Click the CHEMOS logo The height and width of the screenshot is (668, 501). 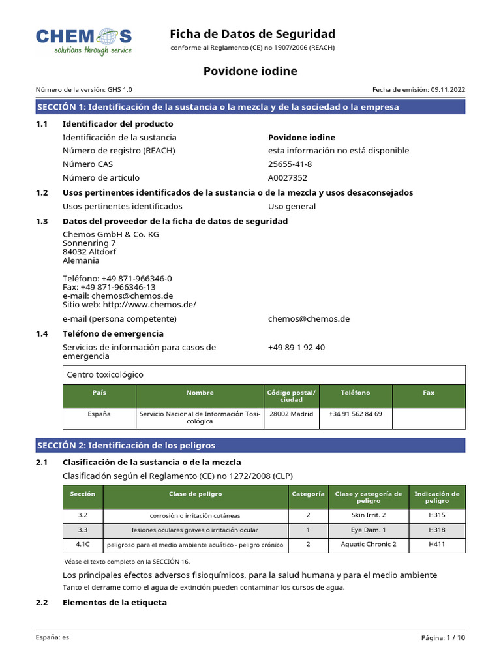click(83, 41)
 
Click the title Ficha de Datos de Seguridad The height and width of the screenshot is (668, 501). click(252, 34)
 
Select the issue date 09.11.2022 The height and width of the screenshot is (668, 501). click(448, 90)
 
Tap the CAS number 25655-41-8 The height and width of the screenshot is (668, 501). click(290, 164)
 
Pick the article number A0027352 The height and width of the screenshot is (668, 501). click(288, 177)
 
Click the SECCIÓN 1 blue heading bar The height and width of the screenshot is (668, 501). click(250, 107)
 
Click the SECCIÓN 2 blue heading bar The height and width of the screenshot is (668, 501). click(250, 446)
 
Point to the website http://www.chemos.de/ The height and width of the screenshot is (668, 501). click(149, 304)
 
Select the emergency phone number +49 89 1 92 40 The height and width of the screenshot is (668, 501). click(296, 347)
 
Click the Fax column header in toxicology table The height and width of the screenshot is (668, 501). click(429, 393)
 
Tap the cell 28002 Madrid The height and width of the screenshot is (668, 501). click(291, 414)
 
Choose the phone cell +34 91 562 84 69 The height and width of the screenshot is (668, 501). click(356, 414)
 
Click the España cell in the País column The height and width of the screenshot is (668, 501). click(99, 414)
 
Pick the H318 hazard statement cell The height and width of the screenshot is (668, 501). click(437, 530)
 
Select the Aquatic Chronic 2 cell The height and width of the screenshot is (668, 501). click(369, 544)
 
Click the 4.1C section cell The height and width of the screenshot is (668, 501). click(83, 544)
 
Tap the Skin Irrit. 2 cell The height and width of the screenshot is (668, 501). click(369, 515)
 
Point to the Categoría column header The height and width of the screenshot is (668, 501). click(308, 494)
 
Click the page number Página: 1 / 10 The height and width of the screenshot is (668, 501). click(444, 637)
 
